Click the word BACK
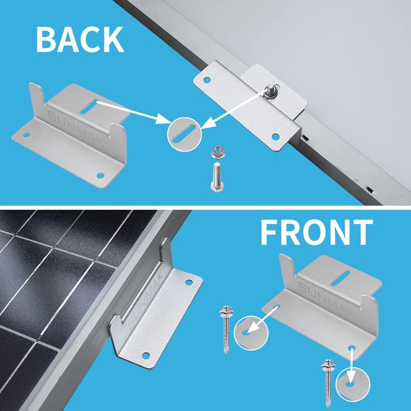[x=80, y=39]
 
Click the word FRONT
[x=316, y=232]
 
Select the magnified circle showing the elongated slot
[x=183, y=132]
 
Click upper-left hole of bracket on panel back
[x=207, y=80]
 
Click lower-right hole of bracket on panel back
[x=275, y=137]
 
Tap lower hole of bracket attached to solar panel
[x=145, y=355]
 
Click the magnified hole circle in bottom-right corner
[x=351, y=383]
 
